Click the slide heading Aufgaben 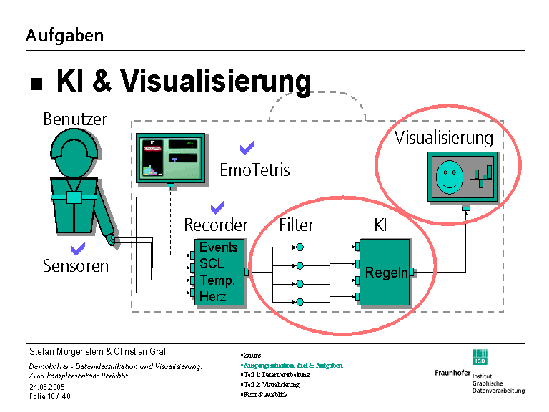pyautogui.click(x=64, y=35)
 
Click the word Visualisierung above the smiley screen pyautogui.click(x=444, y=137)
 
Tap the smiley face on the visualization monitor pyautogui.click(x=447, y=176)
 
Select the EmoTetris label pyautogui.click(x=254, y=170)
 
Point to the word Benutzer pyautogui.click(x=75, y=119)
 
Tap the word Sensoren pyautogui.click(x=76, y=266)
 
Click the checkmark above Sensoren pyautogui.click(x=78, y=249)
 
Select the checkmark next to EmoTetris pyautogui.click(x=247, y=148)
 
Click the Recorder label pyautogui.click(x=216, y=225)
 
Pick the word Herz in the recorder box pyautogui.click(x=213, y=296)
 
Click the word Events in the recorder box pyautogui.click(x=218, y=247)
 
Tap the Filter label pyautogui.click(x=296, y=225)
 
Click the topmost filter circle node pyautogui.click(x=300, y=247)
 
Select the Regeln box pyautogui.click(x=385, y=273)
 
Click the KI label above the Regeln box pyautogui.click(x=381, y=225)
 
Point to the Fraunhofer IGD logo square pyautogui.click(x=479, y=356)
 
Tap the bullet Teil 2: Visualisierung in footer pyautogui.click(x=271, y=385)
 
